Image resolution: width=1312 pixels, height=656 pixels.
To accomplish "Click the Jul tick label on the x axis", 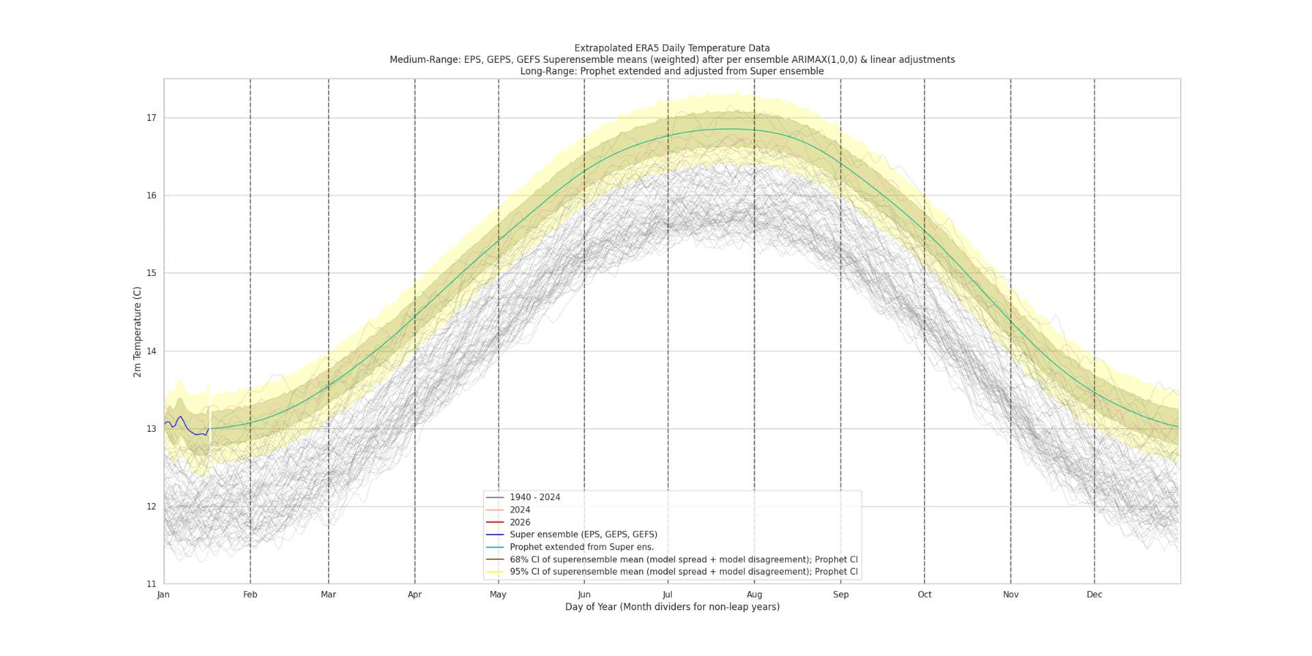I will [668, 594].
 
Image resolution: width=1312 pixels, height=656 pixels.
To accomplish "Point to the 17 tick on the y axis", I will [151, 118].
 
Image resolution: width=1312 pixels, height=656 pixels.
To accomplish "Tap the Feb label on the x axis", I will [250, 594].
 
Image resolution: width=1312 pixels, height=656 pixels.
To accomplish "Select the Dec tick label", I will [1094, 594].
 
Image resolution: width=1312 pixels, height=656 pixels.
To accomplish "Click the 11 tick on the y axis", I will [151, 584].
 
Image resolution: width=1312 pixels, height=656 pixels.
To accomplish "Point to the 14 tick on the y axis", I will [151, 351].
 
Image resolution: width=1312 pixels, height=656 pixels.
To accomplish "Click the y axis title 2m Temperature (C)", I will [137, 331].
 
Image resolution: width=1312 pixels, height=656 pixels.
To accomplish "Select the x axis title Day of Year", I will [672, 607].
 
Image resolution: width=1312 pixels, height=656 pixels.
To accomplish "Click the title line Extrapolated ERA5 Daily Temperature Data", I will [672, 48].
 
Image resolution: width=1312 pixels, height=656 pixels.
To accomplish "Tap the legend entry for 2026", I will [519, 522].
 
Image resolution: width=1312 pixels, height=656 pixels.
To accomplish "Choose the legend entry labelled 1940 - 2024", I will [534, 497].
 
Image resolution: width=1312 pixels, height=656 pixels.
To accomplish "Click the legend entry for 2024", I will [519, 510].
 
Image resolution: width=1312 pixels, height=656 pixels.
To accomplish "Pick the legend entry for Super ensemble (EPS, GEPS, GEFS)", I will [583, 534].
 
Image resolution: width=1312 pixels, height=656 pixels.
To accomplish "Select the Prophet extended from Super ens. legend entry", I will [582, 547].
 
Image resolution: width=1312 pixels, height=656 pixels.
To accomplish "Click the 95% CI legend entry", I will [683, 572].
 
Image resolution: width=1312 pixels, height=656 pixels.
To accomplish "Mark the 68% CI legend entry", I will [683, 560].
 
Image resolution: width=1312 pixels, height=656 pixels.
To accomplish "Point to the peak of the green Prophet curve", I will [726, 128].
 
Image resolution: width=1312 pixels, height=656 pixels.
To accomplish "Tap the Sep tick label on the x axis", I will [840, 594].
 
